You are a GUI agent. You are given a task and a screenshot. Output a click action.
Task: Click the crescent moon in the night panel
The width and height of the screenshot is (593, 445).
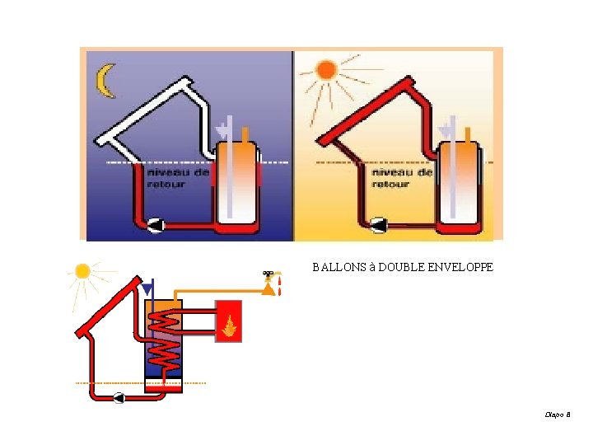(x=105, y=82)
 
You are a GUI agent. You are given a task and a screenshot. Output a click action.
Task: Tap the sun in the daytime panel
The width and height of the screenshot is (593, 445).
(x=327, y=70)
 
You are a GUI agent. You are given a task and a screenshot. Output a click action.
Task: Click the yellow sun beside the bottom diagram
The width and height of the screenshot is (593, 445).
(x=82, y=271)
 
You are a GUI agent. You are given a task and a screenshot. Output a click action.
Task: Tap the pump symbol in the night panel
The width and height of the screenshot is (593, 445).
(x=155, y=224)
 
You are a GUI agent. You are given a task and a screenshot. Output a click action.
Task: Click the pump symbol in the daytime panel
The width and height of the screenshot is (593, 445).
(x=380, y=223)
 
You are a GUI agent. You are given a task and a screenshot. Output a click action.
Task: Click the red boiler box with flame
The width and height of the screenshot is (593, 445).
(x=230, y=321)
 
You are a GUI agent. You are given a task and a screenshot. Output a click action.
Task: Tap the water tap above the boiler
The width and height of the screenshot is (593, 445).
(x=268, y=274)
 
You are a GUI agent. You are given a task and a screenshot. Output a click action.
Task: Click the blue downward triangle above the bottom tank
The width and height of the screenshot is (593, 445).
(x=147, y=290)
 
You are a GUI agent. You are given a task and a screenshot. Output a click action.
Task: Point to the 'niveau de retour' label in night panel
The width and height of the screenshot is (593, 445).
(x=167, y=178)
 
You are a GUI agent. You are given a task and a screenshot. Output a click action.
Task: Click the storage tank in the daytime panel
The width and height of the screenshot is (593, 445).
(x=458, y=182)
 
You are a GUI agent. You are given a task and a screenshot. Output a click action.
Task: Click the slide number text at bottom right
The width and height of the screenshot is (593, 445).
(x=558, y=415)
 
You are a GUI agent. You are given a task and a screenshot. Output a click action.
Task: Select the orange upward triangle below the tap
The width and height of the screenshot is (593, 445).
(x=268, y=288)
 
